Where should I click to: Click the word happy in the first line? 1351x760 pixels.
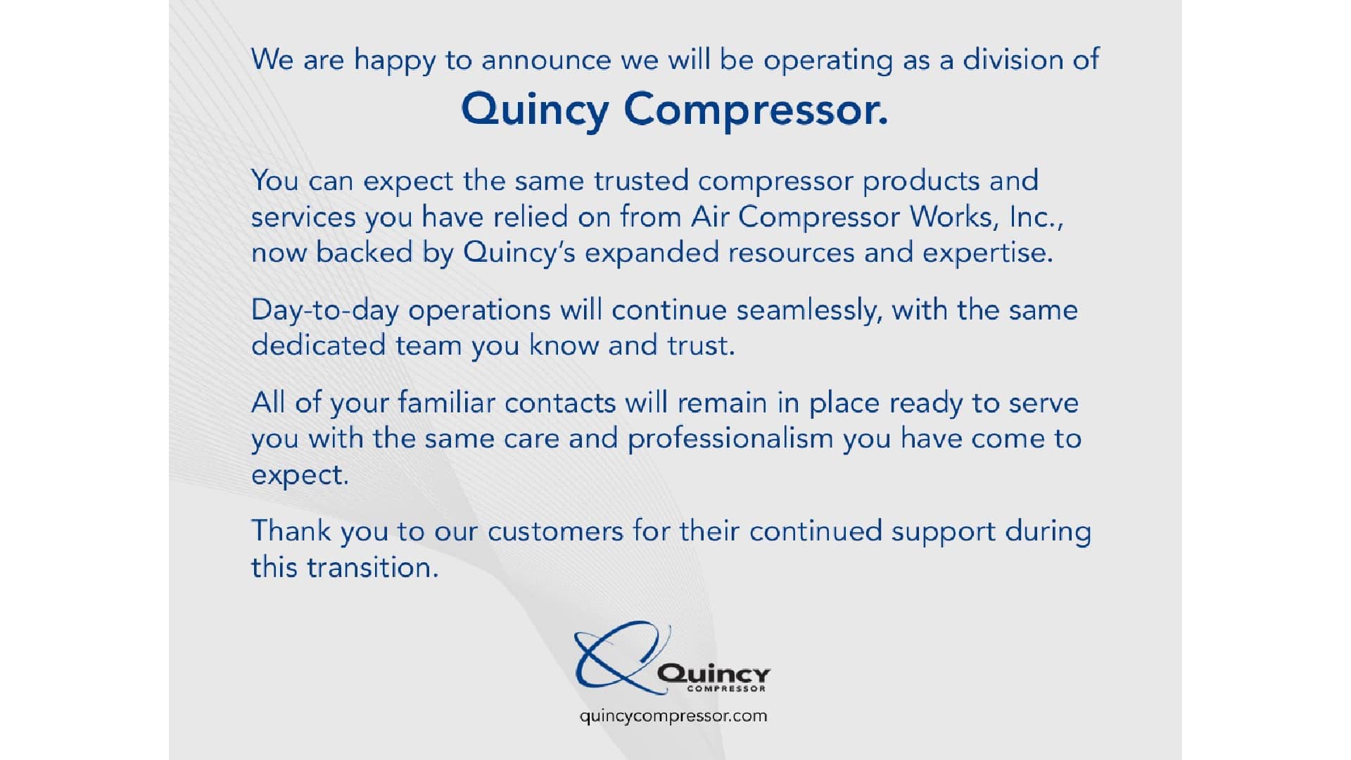point(395,61)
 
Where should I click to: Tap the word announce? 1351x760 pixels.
point(547,61)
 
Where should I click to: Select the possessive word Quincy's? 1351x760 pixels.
point(519,253)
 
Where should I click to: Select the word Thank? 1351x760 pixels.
point(291,531)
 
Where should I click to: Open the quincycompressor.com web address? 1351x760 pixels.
point(673,717)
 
